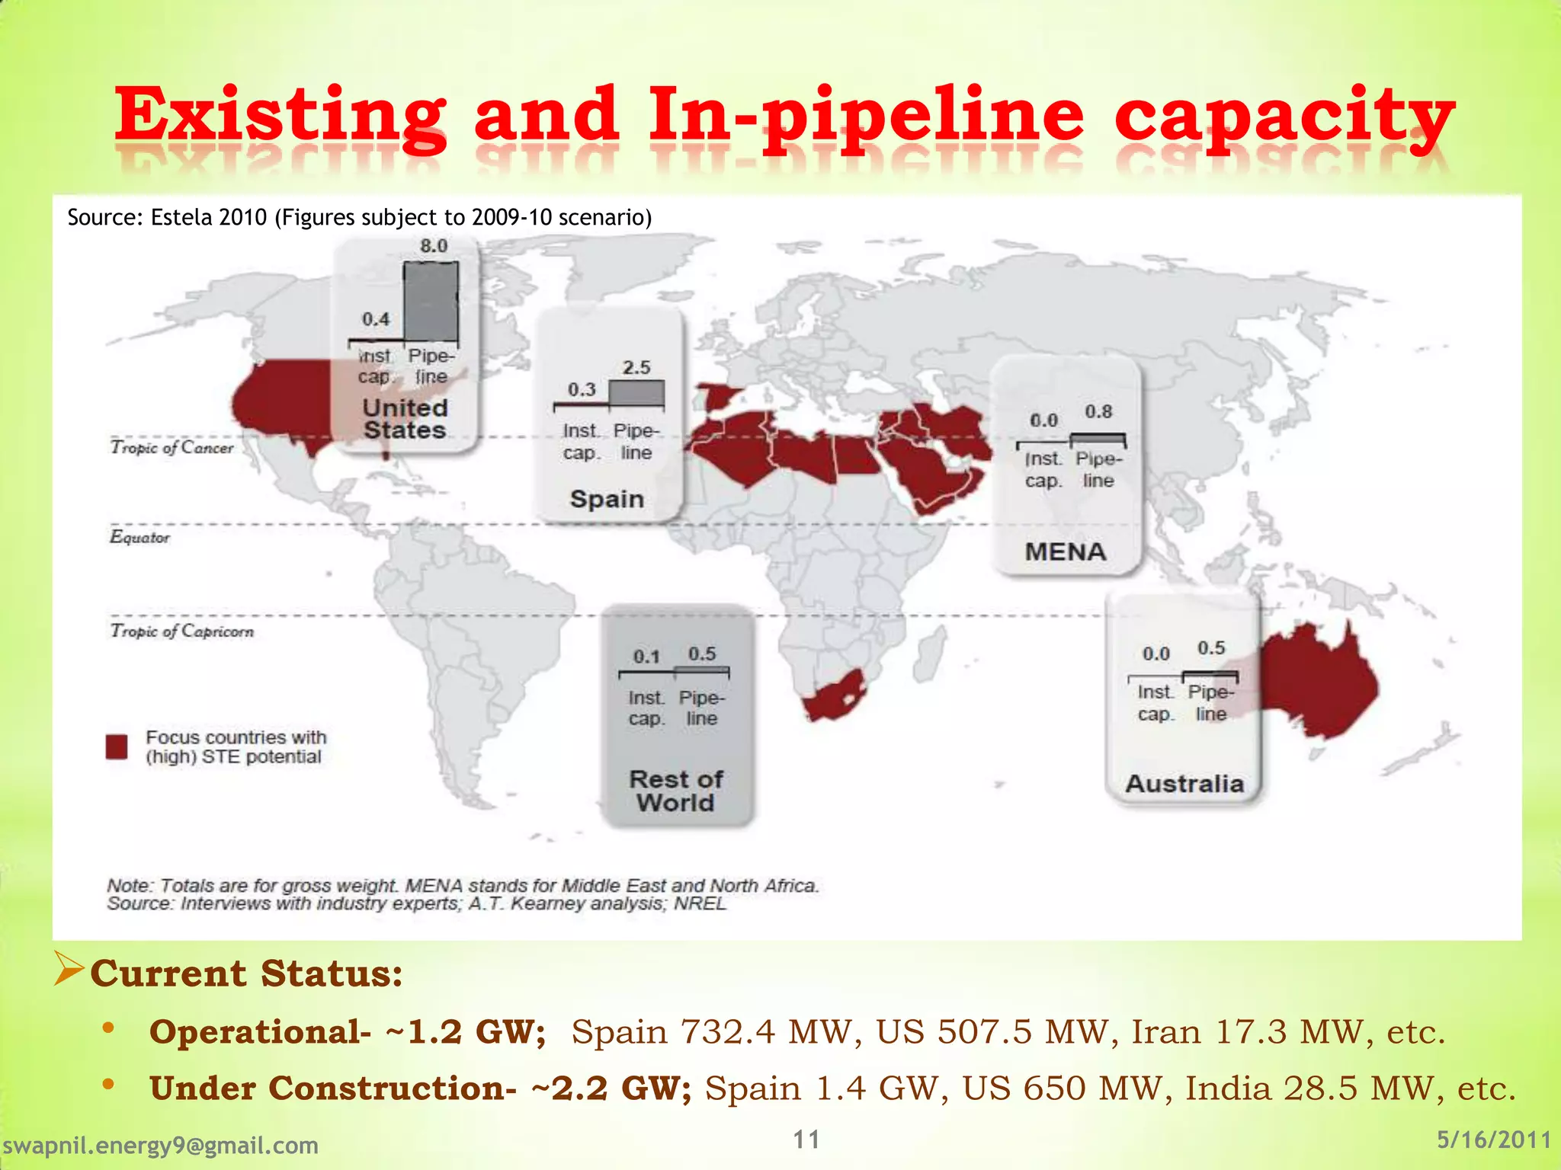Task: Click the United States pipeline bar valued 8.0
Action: (x=431, y=302)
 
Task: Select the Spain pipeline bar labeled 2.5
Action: (x=636, y=393)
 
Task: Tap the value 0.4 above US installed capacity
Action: (x=376, y=319)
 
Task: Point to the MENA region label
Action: (x=1065, y=551)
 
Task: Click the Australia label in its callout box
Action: (x=1184, y=784)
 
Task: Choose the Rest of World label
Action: (x=676, y=791)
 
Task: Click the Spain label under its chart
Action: (x=607, y=499)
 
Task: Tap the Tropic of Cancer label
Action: (x=172, y=447)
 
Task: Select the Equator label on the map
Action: (x=139, y=537)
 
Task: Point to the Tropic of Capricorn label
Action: (x=182, y=631)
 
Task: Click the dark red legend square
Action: (x=117, y=746)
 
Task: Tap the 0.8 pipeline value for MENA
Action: (x=1098, y=412)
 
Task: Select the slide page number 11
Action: (x=806, y=1140)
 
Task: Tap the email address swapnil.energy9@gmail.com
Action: (x=161, y=1145)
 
